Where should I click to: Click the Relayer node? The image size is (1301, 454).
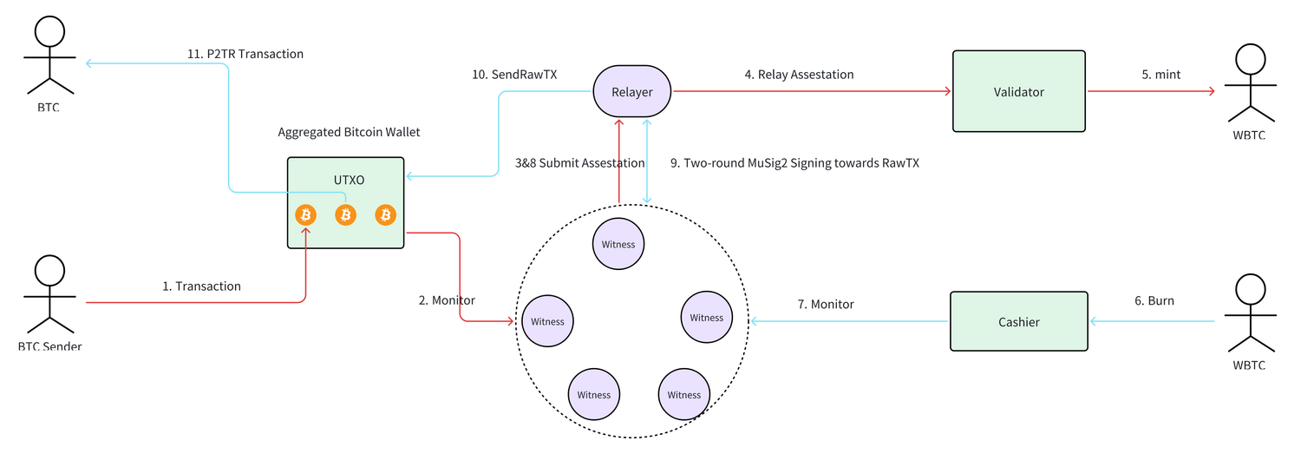633,91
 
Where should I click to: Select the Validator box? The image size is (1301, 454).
1019,91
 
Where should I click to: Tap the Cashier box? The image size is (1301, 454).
1018,321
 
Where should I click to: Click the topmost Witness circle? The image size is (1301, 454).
618,244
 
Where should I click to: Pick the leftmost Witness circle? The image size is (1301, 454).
547,321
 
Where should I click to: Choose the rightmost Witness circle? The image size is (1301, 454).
706,318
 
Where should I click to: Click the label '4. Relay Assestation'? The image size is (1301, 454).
799,75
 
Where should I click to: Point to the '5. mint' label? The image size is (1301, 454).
1160,75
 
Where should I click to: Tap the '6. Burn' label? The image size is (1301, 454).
1154,300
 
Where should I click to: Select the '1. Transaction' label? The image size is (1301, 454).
201,286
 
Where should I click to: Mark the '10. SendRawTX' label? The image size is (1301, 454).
514,75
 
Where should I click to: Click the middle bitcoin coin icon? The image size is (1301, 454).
345,214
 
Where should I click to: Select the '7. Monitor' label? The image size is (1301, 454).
826,304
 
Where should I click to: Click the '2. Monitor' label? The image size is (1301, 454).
447,300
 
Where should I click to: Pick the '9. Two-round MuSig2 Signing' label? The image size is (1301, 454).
794,162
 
